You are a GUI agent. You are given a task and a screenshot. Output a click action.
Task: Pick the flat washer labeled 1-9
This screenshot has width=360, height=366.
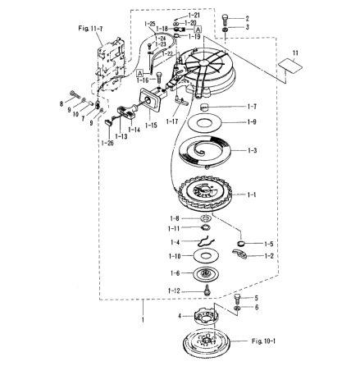[x=203, y=123]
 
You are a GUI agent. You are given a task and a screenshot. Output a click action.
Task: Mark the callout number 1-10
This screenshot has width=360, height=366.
[x=174, y=257]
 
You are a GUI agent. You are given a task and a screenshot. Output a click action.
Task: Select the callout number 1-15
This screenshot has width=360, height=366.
[x=152, y=126]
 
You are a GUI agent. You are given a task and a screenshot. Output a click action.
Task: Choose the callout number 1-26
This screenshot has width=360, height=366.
[x=107, y=142]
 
